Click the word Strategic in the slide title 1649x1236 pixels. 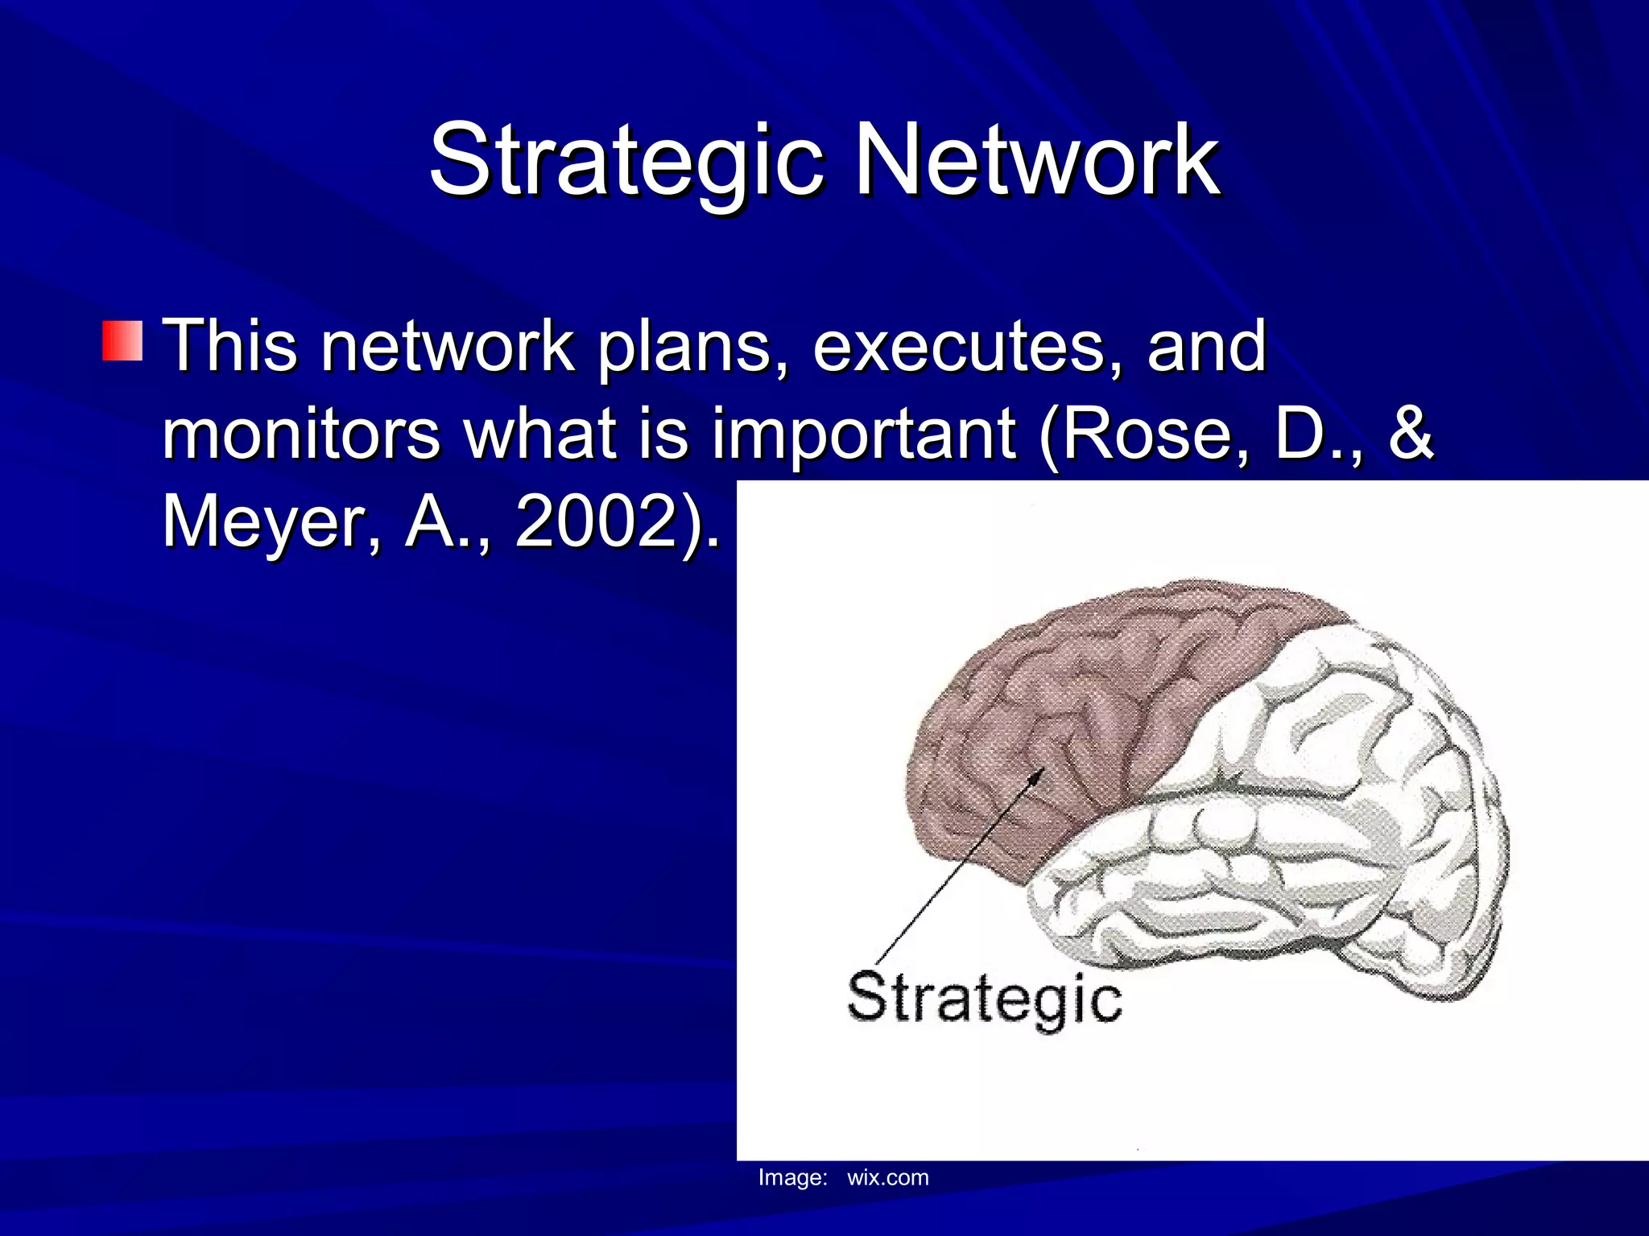point(626,161)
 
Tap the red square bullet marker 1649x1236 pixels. point(122,340)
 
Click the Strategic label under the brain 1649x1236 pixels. point(984,999)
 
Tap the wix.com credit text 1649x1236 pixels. point(887,1178)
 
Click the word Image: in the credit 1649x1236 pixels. point(792,1178)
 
